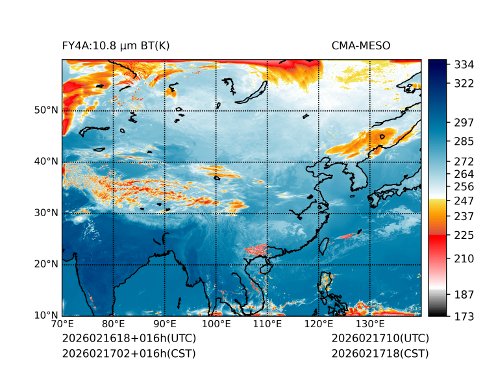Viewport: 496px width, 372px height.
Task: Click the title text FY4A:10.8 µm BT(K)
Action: pos(116,45)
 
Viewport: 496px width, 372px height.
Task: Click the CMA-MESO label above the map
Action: pos(360,45)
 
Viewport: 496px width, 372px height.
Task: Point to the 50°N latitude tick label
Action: pos(46,110)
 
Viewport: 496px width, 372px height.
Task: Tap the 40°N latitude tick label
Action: pos(46,161)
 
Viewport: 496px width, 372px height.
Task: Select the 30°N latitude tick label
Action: pos(46,212)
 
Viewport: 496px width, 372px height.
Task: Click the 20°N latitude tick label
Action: pos(46,264)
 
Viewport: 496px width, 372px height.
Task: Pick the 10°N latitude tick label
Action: pos(46,315)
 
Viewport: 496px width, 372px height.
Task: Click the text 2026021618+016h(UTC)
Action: pos(129,339)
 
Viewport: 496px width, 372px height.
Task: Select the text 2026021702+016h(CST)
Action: pos(129,354)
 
